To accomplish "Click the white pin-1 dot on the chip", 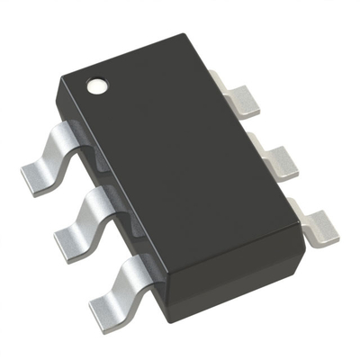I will [x=96, y=87].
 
